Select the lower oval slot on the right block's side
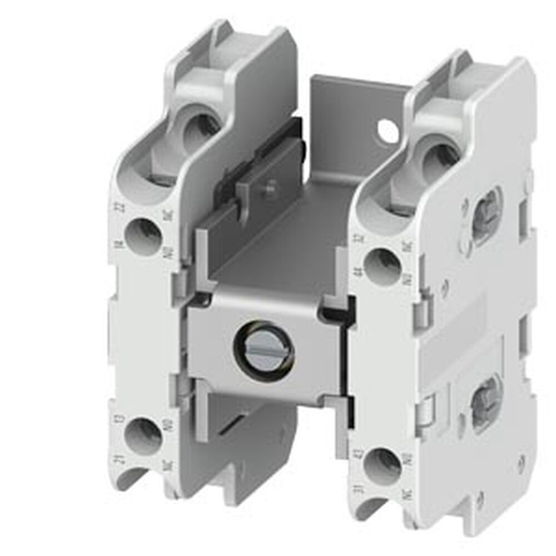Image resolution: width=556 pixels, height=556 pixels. [487, 401]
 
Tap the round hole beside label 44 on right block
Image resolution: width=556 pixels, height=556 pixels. [382, 265]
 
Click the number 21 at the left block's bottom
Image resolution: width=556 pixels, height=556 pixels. [119, 458]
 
